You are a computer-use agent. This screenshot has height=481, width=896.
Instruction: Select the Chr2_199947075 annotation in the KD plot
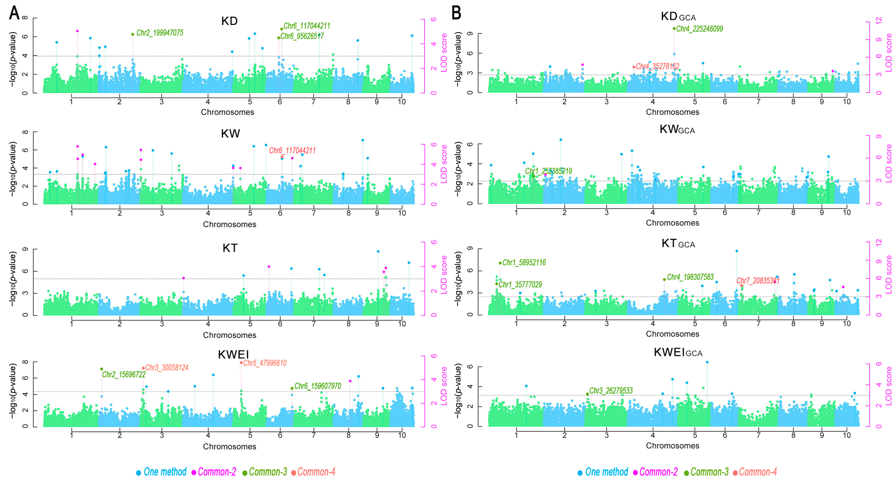[x=159, y=33]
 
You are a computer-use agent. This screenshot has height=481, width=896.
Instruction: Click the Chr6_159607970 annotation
[x=318, y=386]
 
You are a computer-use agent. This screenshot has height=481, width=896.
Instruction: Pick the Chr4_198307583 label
[x=690, y=277]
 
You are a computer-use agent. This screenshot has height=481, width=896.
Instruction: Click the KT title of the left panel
[x=230, y=248]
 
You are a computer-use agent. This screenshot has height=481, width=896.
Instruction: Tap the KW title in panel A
[x=230, y=134]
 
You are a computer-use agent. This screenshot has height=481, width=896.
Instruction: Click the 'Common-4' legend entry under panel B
[x=758, y=472]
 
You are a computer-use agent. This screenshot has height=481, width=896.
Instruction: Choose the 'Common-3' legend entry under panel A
[x=268, y=472]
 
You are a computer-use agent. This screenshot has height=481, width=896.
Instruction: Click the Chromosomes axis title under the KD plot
[x=228, y=112]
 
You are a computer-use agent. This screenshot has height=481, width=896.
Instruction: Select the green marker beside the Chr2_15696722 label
[x=102, y=369]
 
